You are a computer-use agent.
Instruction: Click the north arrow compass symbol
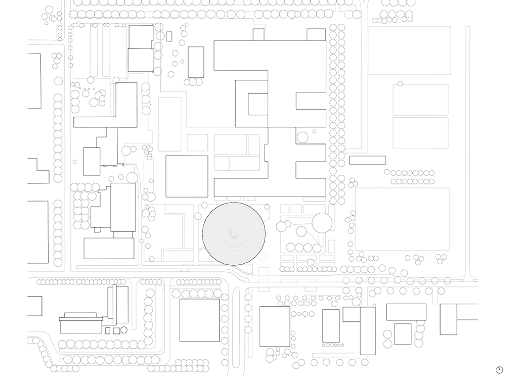pos(499,370)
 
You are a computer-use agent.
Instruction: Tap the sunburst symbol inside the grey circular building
pos(233,233)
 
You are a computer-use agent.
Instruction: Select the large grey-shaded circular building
pos(233,233)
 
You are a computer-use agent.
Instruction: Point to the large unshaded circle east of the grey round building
pos(322,222)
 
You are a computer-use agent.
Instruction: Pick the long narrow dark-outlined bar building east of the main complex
pos(367,160)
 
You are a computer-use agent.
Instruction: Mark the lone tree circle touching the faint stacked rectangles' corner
pos(400,83)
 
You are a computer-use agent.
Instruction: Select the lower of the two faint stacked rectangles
pos(420,133)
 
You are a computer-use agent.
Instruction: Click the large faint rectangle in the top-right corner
pos(410,51)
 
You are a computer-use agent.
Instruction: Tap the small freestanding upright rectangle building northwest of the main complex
pos(196,62)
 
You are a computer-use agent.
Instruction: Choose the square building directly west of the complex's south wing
pos(187,176)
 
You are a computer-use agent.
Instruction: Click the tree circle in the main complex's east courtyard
pos(303,137)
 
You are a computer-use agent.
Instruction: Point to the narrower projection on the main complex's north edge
pos(258,34)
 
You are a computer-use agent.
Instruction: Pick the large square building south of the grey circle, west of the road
pos(200,320)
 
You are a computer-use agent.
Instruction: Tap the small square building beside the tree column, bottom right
pos(403,334)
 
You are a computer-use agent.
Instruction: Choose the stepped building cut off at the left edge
pos(37,171)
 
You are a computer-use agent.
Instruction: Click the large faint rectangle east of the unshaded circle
pos(402,219)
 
